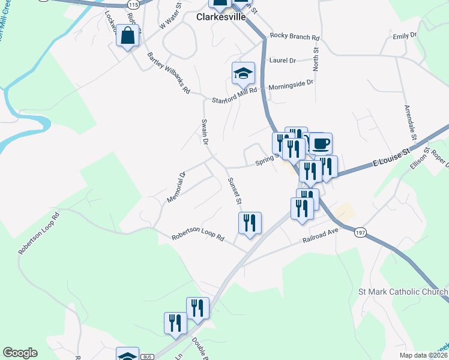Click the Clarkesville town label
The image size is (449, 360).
[221, 17]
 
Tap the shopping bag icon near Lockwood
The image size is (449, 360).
[128, 36]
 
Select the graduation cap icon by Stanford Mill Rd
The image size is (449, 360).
[244, 74]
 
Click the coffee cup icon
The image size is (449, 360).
[321, 144]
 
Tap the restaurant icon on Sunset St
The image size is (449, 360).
[250, 223]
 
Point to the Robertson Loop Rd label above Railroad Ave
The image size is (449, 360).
[197, 238]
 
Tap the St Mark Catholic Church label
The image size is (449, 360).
[403, 292]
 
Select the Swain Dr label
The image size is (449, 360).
[204, 132]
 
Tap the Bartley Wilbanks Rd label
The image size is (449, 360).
[169, 73]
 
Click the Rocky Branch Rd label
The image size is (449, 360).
[295, 36]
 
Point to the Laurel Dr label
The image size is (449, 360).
[283, 61]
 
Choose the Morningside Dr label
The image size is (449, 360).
[291, 85]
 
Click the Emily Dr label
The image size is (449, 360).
[405, 36]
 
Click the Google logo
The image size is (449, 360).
[20, 353]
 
